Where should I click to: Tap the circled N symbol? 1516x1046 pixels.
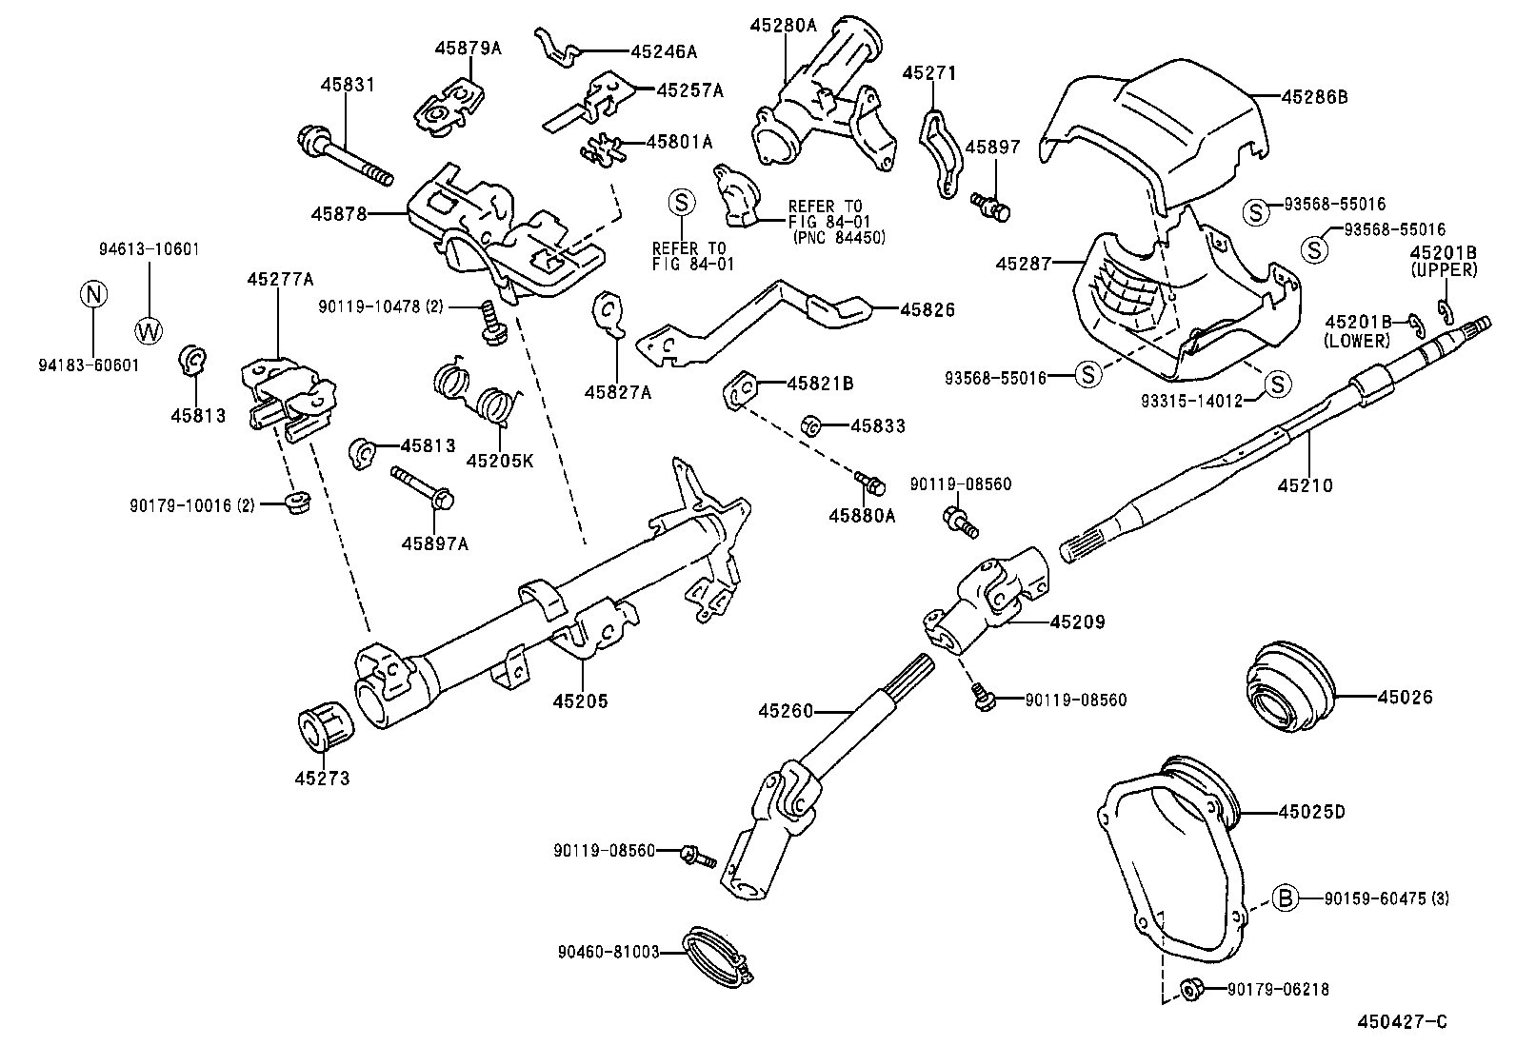pos(92,294)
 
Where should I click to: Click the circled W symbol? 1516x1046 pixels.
pos(149,331)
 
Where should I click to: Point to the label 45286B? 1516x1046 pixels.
pos(1314,96)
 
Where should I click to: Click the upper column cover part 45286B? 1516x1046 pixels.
pos(1162,124)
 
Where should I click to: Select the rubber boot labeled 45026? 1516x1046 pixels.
pos(1291,693)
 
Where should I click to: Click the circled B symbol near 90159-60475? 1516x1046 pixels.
pos(1285,897)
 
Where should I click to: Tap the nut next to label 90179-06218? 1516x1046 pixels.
pos(1189,989)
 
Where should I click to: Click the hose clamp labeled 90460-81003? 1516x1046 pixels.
pos(715,955)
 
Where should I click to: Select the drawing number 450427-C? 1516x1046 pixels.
pos(1402,1022)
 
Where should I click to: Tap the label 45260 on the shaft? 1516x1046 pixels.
pos(786,710)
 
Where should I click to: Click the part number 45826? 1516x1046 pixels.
pos(927,309)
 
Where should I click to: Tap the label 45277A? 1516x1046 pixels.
pos(279,279)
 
